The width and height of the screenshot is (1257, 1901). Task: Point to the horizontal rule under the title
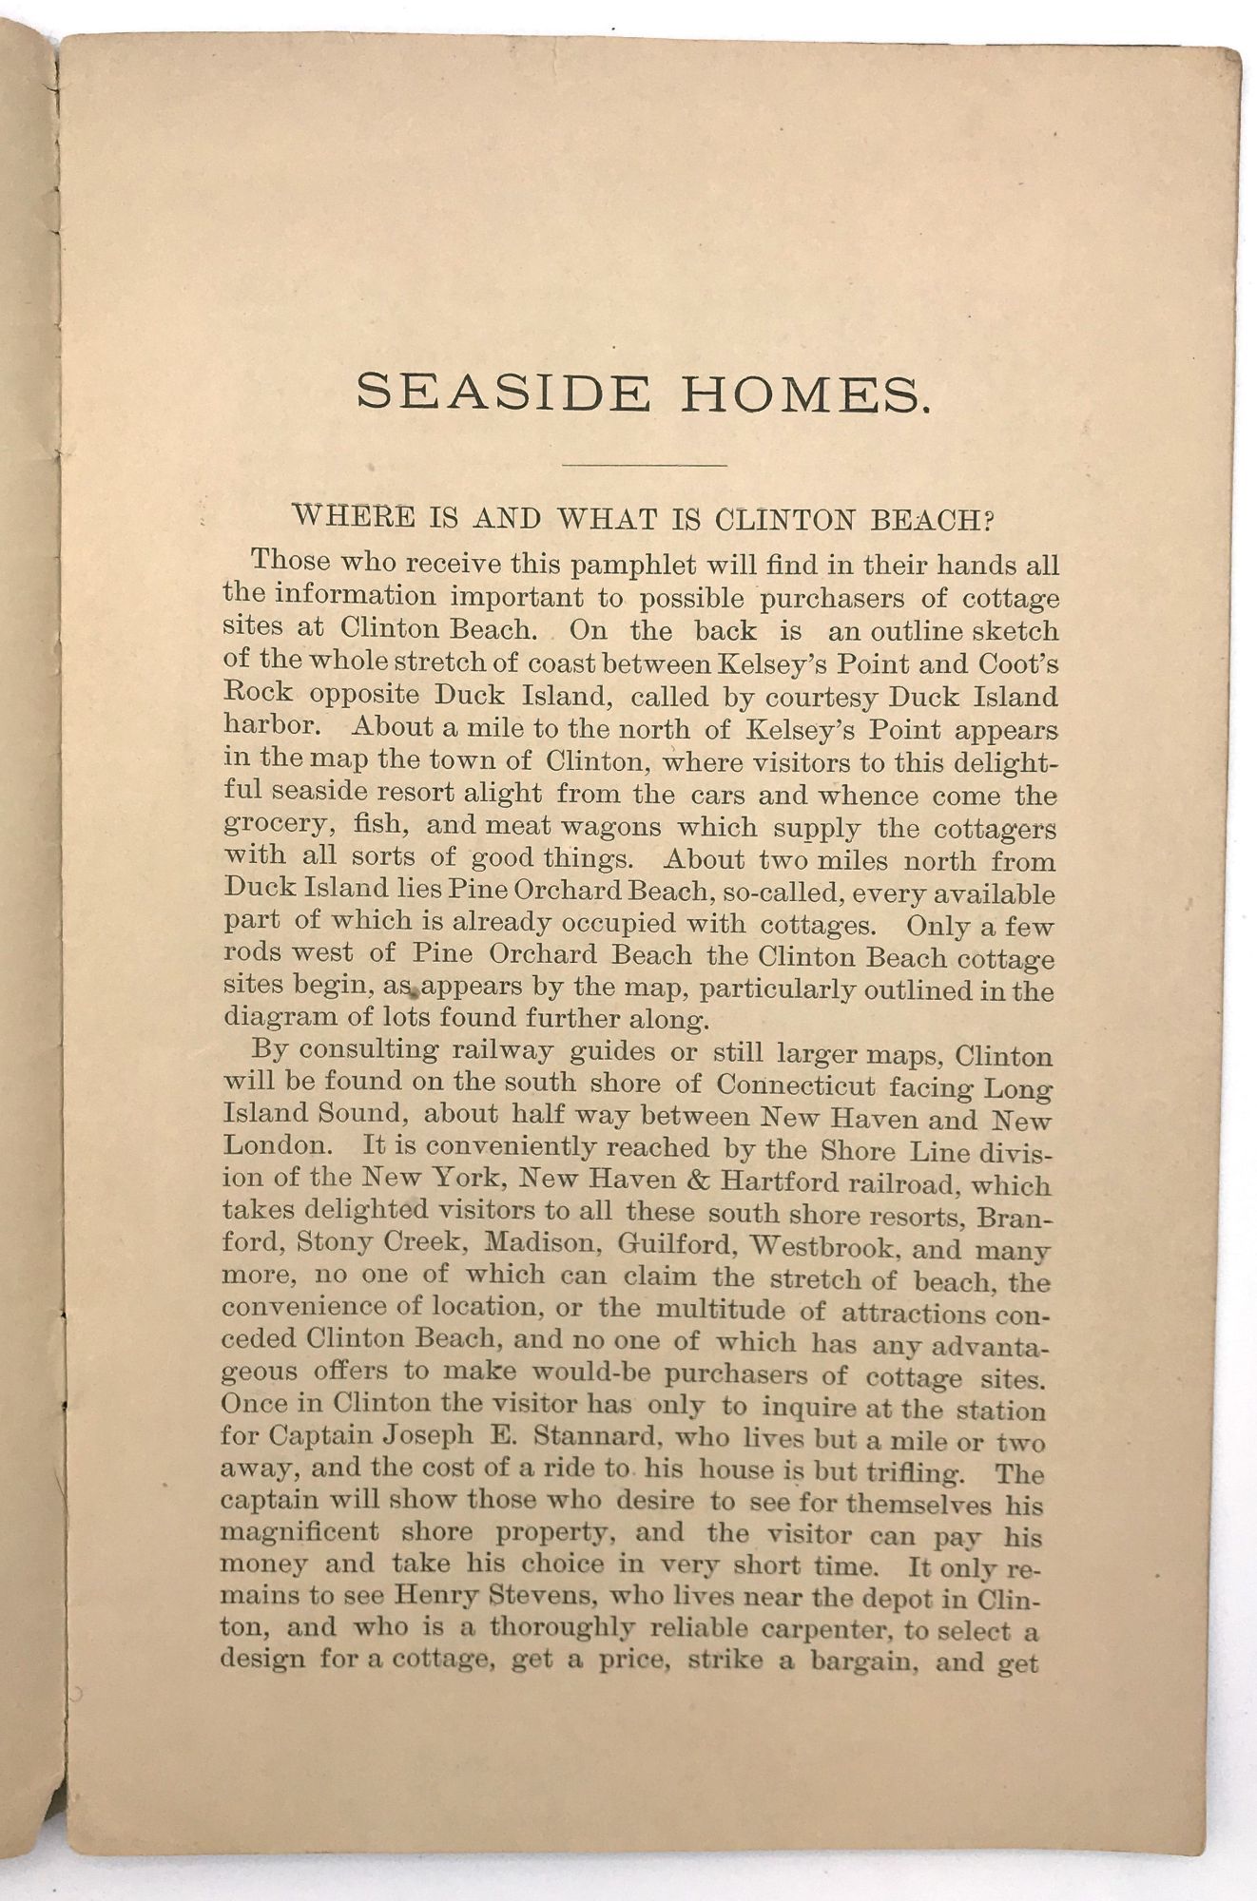pyautogui.click(x=645, y=465)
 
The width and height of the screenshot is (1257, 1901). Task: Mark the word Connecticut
pyautogui.click(x=796, y=1085)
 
